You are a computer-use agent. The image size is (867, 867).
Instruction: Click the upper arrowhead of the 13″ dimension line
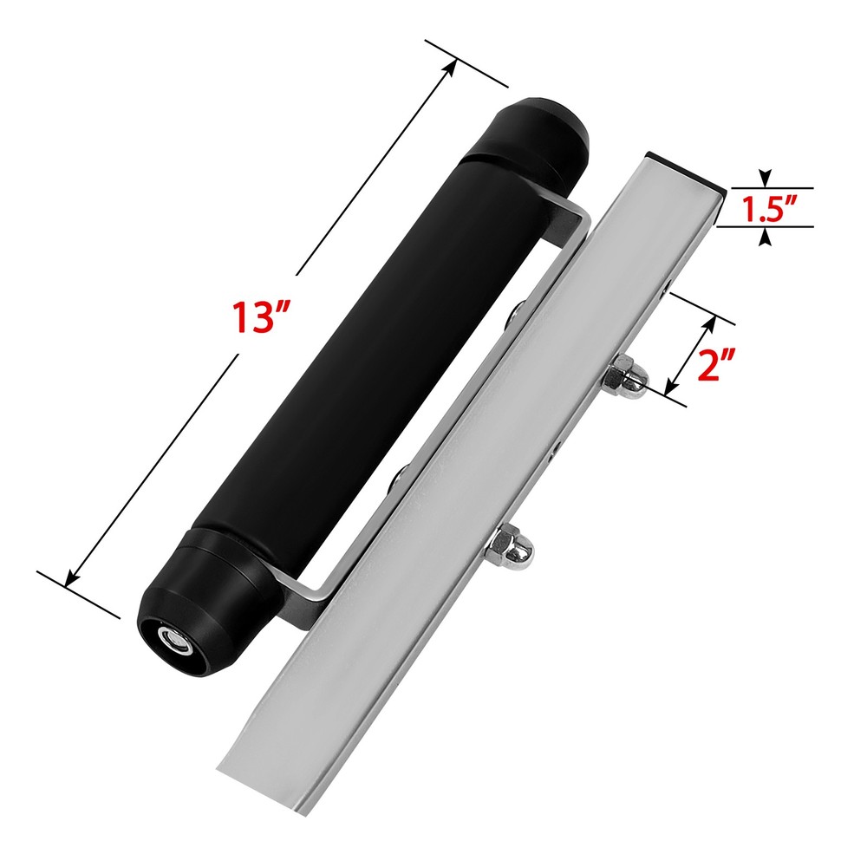point(452,63)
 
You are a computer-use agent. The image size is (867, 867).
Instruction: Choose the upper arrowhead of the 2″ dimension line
point(712,322)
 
